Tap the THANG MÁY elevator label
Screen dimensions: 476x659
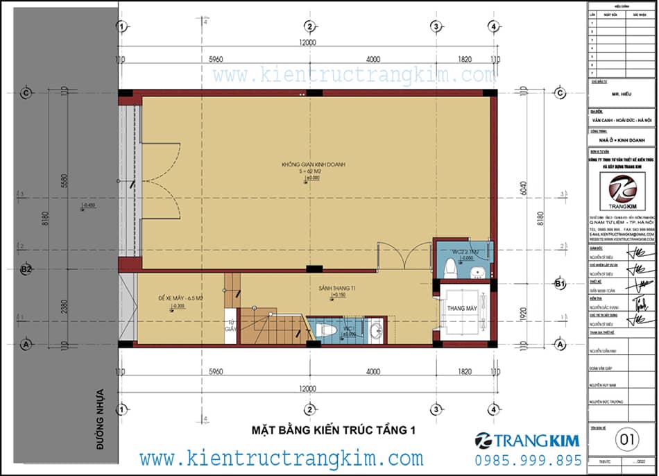(459, 308)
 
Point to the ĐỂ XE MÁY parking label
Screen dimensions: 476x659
(180, 298)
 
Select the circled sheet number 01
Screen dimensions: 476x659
(628, 439)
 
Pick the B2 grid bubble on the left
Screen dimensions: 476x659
(27, 269)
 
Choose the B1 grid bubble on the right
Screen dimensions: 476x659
(560, 283)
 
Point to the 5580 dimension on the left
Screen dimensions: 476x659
(65, 182)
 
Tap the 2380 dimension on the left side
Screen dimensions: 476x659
(65, 302)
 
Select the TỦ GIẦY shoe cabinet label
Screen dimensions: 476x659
(232, 326)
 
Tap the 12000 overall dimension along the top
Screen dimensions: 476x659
(307, 43)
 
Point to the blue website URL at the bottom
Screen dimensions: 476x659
(281, 459)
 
